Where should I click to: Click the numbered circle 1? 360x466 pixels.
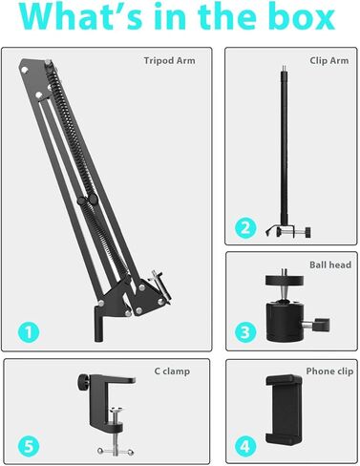click(31, 332)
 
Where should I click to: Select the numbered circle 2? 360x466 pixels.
click(246, 227)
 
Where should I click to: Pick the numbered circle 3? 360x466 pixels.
click(246, 332)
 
